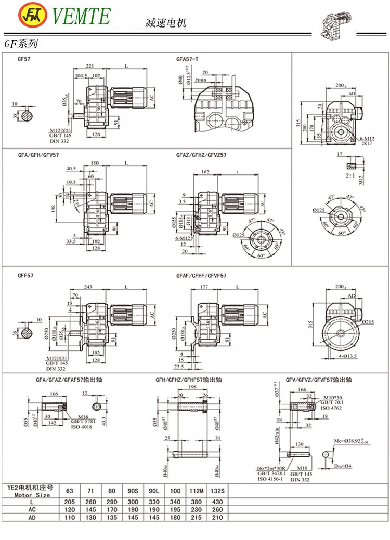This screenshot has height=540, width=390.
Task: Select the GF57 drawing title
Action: [x=24, y=59]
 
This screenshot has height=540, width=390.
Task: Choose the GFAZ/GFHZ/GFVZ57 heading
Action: [x=201, y=155]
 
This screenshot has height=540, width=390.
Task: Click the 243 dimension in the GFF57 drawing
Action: [x=87, y=287]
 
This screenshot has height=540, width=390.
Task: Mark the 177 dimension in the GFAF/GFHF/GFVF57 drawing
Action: [x=203, y=287]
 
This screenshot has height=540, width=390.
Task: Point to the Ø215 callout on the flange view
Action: [x=369, y=323]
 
